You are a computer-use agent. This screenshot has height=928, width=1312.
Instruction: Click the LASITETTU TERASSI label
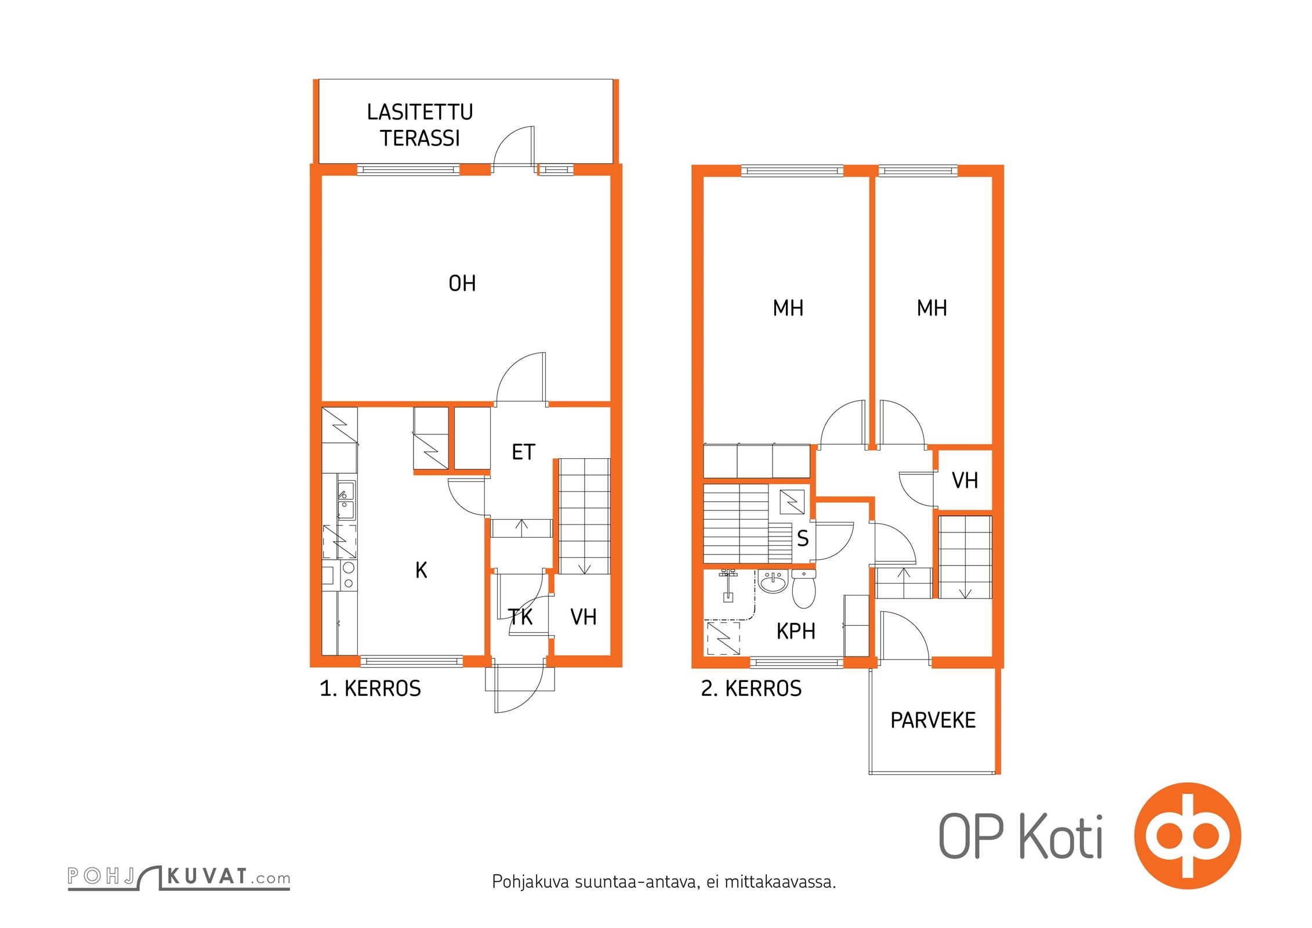(420, 125)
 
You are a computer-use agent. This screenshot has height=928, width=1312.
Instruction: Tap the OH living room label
(462, 283)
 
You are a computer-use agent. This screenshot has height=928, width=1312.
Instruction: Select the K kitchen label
(421, 570)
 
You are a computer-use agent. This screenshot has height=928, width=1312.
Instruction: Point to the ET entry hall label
(523, 452)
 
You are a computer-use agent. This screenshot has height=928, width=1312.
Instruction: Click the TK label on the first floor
(520, 617)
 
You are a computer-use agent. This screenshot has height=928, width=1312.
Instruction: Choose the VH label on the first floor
(583, 617)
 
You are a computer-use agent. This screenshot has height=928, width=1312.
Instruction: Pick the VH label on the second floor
(965, 480)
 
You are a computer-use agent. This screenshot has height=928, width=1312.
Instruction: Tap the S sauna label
(803, 539)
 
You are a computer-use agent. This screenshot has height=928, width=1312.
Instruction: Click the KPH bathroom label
(796, 631)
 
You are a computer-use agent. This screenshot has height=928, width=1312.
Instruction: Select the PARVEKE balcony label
(933, 720)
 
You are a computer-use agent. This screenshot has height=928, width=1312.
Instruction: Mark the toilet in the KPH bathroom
(803, 588)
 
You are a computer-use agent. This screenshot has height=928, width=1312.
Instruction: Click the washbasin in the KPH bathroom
(773, 581)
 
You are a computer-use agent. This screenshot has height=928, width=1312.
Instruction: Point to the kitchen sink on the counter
(346, 500)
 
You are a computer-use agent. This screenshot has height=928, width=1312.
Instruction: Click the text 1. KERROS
(370, 688)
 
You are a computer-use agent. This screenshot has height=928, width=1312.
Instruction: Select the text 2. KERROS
(751, 688)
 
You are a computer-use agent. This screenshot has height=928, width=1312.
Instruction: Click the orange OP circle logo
(1187, 836)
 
